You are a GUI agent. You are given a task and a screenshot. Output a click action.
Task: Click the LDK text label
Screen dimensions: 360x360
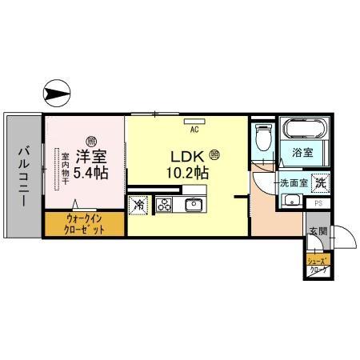(188, 157)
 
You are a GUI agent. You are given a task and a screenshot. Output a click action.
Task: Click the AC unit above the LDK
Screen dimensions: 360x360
(194, 121)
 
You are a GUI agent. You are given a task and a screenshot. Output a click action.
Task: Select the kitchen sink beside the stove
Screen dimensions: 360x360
(194, 204)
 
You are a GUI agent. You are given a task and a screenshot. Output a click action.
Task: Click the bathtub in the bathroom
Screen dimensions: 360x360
(301, 131)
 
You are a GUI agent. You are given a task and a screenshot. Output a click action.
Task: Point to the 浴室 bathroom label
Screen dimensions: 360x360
(302, 151)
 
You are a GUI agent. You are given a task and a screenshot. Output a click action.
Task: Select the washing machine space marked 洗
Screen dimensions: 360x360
(319, 182)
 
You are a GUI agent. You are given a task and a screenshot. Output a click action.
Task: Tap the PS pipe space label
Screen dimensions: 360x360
(318, 204)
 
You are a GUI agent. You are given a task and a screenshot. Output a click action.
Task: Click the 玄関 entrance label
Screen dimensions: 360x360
(318, 232)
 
